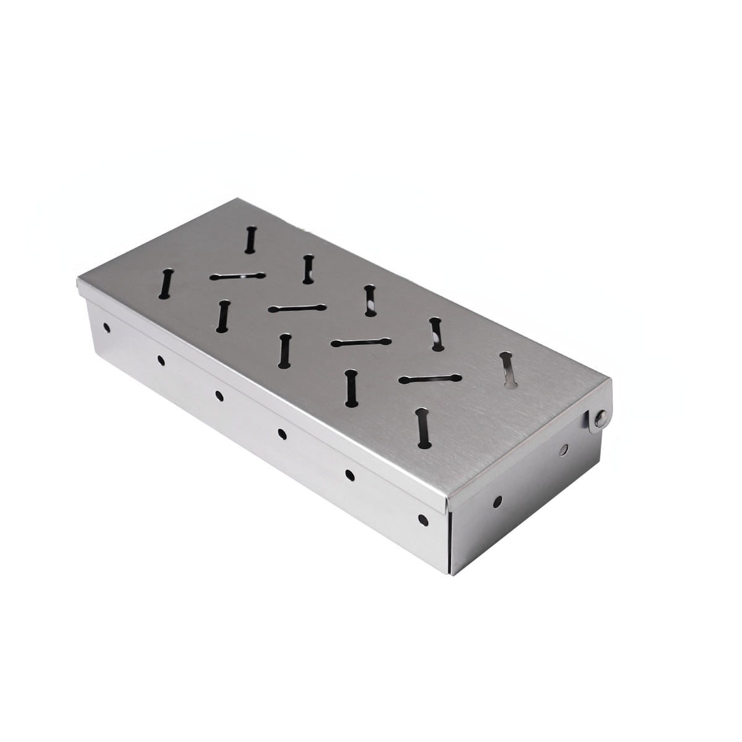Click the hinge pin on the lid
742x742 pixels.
(598, 420)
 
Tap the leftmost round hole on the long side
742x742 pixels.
(106, 325)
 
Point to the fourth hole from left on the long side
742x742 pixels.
(282, 433)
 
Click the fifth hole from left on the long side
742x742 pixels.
(349, 474)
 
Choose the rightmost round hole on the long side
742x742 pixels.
(423, 518)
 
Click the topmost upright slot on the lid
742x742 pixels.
(250, 240)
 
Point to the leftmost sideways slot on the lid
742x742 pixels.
(237, 276)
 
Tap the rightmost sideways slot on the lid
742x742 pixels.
(430, 378)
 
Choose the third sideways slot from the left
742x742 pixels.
(361, 342)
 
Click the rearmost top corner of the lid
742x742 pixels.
(238, 199)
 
